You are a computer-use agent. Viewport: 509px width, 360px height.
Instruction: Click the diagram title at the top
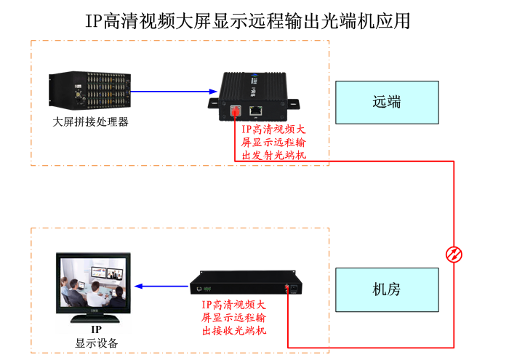[248, 20]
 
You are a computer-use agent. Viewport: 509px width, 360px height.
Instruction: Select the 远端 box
[387, 102]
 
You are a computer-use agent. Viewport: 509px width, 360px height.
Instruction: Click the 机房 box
[387, 289]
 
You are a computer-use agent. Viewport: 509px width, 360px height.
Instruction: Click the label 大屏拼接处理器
[91, 121]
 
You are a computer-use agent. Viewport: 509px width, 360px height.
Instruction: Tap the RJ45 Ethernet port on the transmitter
[257, 110]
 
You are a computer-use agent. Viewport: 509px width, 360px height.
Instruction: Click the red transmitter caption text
[273, 142]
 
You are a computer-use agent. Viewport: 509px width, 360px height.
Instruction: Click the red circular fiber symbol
[454, 254]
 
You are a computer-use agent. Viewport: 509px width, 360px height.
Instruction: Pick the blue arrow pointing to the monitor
[161, 286]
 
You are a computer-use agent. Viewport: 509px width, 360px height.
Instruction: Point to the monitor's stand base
[95, 318]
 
